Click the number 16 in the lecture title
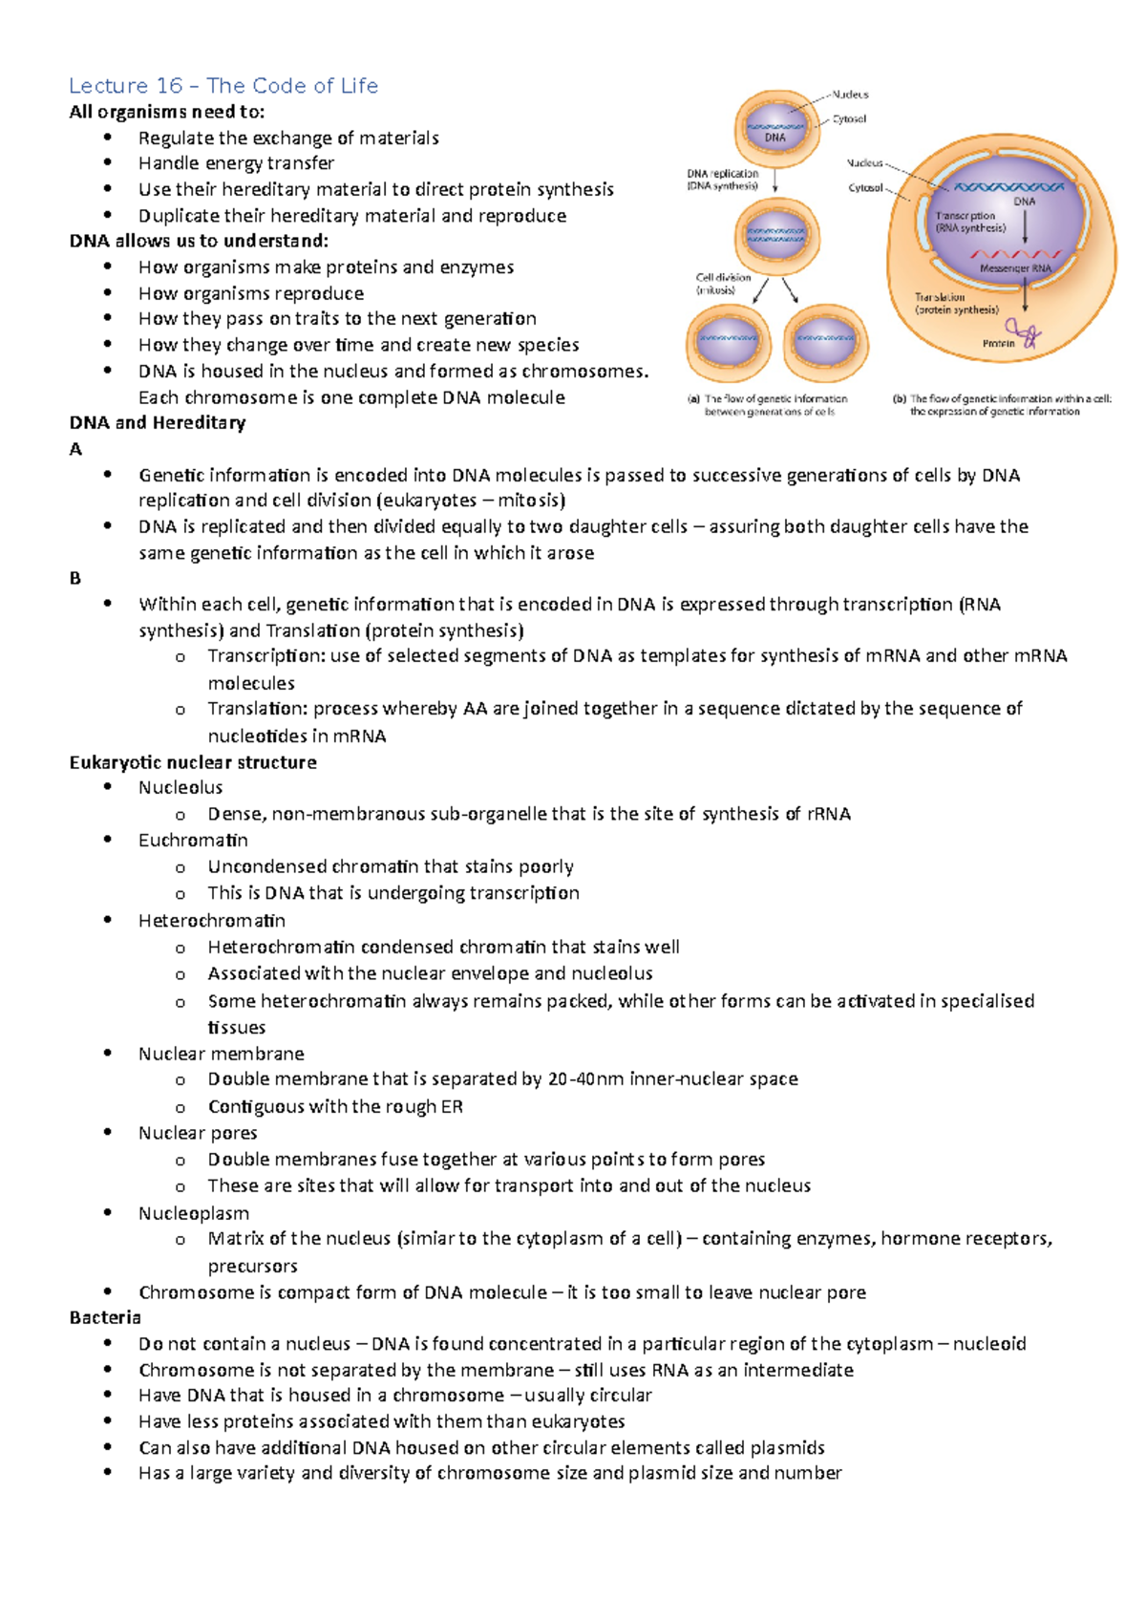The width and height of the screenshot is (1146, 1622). tap(169, 86)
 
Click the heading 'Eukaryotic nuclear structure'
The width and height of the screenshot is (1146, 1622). tap(193, 762)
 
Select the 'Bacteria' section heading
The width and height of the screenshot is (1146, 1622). tap(105, 1317)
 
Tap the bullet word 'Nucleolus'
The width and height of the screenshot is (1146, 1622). tap(180, 787)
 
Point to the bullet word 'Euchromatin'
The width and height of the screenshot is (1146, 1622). tap(193, 840)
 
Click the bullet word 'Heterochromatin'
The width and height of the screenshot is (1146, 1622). tap(212, 920)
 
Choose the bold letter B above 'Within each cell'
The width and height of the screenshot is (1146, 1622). tap(75, 578)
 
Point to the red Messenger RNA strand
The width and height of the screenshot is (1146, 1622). tap(1016, 254)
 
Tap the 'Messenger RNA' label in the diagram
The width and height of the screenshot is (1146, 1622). tap(1015, 268)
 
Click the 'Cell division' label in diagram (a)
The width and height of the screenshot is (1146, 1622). tap(723, 277)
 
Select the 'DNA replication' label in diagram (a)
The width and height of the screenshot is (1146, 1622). tap(722, 174)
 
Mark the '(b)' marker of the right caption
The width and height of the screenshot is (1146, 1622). tap(899, 399)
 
